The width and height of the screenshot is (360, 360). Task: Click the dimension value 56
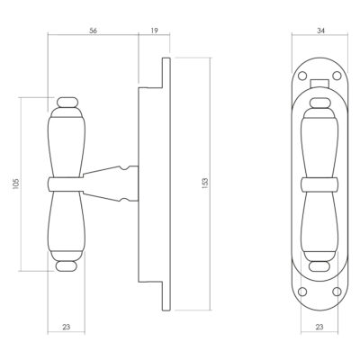point(94,31)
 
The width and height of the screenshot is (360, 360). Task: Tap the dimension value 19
point(154,31)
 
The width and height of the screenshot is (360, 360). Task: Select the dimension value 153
point(205,184)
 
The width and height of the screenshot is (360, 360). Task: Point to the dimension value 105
point(16,184)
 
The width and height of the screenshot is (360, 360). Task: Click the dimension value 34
point(320,31)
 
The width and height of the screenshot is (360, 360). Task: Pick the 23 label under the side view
point(67,327)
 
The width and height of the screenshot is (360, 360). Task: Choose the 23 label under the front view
point(319,327)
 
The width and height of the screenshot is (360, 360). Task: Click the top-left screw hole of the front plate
point(303,75)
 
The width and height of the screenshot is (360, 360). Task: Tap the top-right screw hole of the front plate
point(337,75)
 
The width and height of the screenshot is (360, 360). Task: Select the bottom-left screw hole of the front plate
point(303,291)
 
